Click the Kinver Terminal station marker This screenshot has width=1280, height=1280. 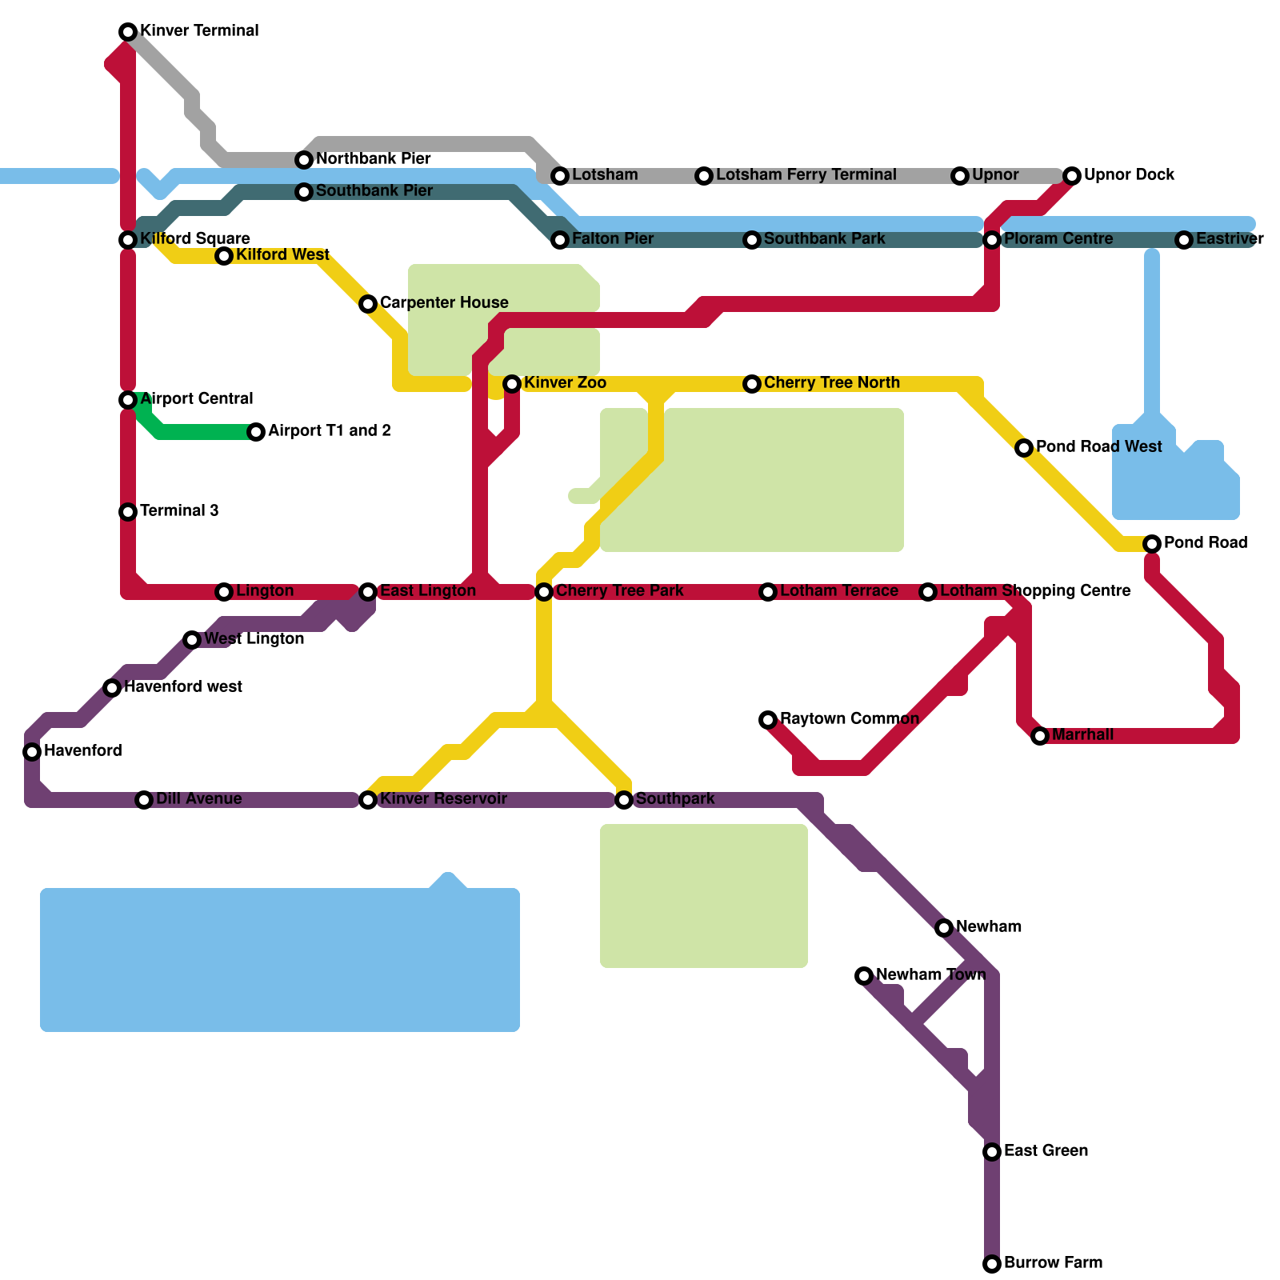[128, 32]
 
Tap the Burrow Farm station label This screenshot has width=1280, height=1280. [1053, 1263]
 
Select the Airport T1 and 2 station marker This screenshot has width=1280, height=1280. [256, 432]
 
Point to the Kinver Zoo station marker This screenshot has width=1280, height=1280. [512, 384]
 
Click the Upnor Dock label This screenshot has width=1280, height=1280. [1129, 175]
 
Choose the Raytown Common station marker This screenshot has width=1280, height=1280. [768, 720]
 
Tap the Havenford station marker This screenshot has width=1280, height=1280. [32, 752]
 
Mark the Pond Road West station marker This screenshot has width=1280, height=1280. [1024, 448]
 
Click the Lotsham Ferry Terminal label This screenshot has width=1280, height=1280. [806, 175]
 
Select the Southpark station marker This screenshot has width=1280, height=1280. [624, 800]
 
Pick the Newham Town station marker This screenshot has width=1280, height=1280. [864, 976]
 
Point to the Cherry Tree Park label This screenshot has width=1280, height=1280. [619, 591]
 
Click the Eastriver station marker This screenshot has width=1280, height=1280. [1184, 240]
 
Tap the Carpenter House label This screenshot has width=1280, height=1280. [444, 303]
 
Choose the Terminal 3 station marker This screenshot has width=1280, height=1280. [128, 512]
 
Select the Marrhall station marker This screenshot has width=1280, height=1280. [1040, 736]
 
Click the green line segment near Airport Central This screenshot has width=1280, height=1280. [200, 432]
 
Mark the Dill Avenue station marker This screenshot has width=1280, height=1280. [144, 800]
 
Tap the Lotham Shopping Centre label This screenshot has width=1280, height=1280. [1035, 591]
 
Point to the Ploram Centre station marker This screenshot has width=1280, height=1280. [992, 240]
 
